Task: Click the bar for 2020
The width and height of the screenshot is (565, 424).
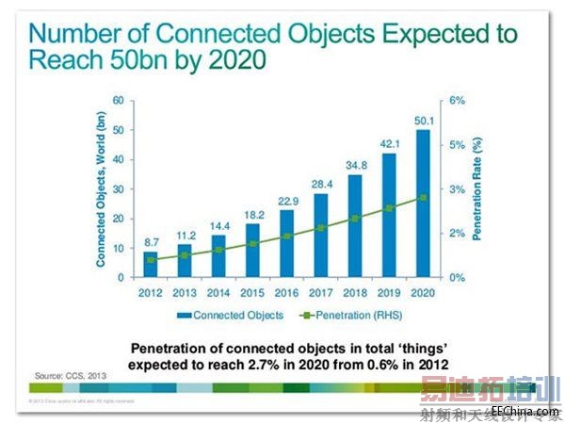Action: pyautogui.click(x=424, y=204)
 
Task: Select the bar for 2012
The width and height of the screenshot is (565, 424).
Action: pyautogui.click(x=150, y=265)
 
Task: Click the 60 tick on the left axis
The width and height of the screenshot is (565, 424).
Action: pyautogui.click(x=119, y=100)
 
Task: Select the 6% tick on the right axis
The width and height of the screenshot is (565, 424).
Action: pyautogui.click(x=457, y=100)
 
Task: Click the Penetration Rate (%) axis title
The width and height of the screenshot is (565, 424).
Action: pyautogui.click(x=478, y=188)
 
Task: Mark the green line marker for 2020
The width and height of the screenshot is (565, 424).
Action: pyautogui.click(x=424, y=197)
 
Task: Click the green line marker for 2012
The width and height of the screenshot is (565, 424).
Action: pyautogui.click(x=150, y=258)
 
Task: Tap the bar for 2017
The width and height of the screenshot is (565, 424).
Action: pyautogui.click(x=321, y=236)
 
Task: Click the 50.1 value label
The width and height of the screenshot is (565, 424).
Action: pyautogui.click(x=424, y=120)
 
